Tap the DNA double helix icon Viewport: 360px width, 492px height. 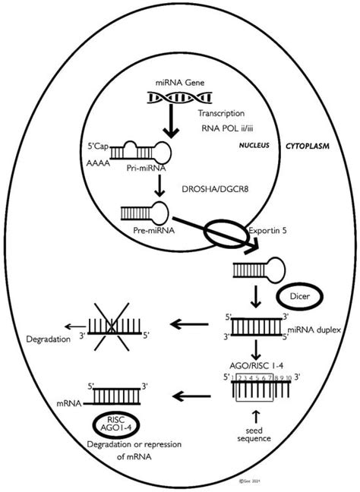[175, 99]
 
